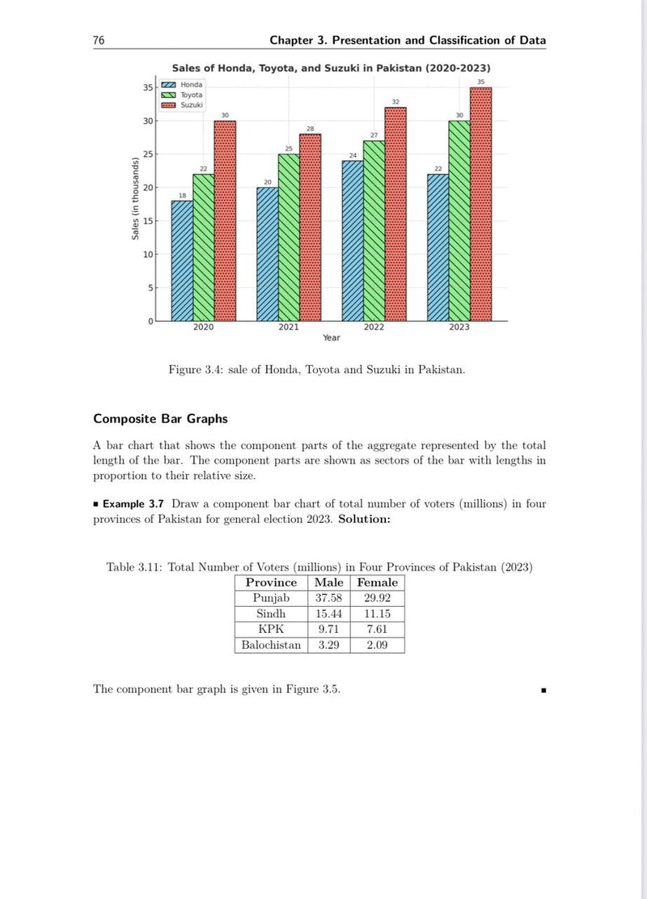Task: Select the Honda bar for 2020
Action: pyautogui.click(x=182, y=261)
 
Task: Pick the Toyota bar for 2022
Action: pyautogui.click(x=374, y=231)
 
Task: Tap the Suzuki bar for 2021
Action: pyautogui.click(x=310, y=227)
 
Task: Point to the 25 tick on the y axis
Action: pyautogui.click(x=147, y=154)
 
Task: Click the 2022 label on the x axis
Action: pyautogui.click(x=374, y=328)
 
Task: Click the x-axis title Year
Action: pyautogui.click(x=332, y=338)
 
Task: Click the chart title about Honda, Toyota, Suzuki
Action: pyautogui.click(x=331, y=68)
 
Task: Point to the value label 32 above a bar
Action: pyautogui.click(x=395, y=102)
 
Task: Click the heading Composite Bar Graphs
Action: pyautogui.click(x=160, y=418)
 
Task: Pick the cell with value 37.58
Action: pyautogui.click(x=330, y=598)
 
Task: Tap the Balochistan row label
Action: pyautogui.click(x=271, y=645)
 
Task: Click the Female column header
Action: pyautogui.click(x=377, y=583)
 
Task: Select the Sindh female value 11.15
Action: pyautogui.click(x=377, y=614)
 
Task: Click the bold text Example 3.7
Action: pyautogui.click(x=133, y=503)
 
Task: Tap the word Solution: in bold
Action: pyautogui.click(x=364, y=519)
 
